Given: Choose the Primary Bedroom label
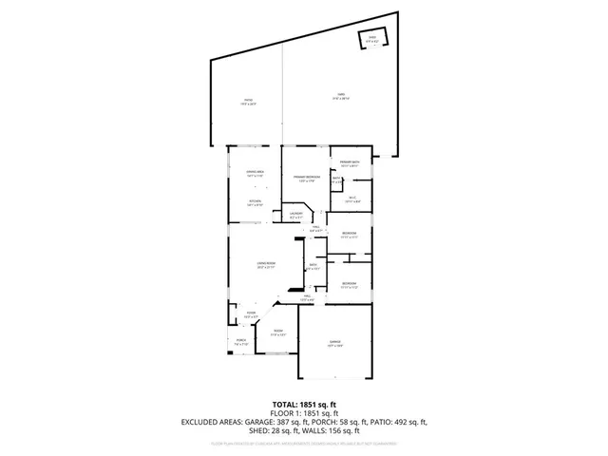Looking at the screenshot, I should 306,179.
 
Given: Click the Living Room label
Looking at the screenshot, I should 265,265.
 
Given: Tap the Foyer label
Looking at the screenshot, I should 252,314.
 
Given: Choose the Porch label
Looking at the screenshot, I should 241,342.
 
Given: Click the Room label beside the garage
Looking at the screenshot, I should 277,332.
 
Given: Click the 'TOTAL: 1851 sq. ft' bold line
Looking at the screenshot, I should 304,404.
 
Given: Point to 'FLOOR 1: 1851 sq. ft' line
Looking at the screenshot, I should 304,413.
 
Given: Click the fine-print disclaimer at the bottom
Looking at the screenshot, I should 304,443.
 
